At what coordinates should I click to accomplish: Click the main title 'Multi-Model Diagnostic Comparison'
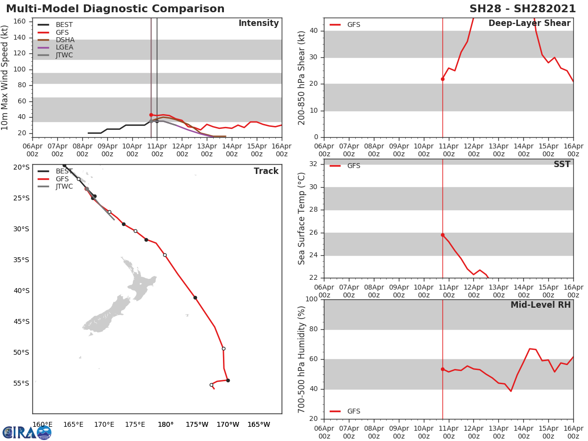click(115, 9)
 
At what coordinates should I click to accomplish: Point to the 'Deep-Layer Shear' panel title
click(529, 24)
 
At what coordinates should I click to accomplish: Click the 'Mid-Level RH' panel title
click(540, 305)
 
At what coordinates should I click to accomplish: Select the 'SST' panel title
click(562, 165)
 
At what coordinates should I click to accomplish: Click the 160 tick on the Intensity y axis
click(20, 21)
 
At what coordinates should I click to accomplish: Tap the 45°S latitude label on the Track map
click(21, 321)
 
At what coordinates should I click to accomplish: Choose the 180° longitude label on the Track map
click(166, 424)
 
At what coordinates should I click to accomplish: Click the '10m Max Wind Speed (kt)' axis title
click(5, 77)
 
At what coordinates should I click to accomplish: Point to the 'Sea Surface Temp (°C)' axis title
click(302, 218)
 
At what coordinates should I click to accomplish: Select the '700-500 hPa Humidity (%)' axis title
click(302, 359)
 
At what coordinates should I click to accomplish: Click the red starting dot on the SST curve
click(442, 235)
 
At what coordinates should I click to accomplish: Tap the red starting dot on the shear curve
click(442, 79)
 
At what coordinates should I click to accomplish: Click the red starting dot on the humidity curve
click(442, 369)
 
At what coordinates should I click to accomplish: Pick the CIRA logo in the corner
click(26, 433)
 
